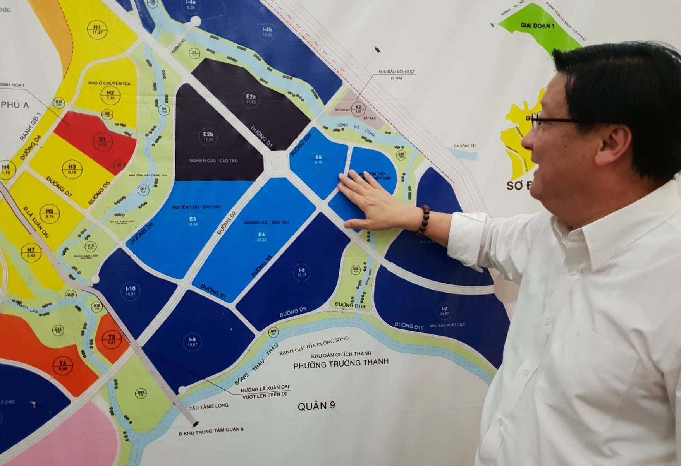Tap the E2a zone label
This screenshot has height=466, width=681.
coord(251,99)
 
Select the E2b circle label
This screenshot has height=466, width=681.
coord(208,137)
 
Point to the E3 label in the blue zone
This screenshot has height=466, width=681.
coord(193,221)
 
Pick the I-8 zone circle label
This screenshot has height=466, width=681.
coord(301,272)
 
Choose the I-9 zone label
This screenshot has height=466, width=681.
coord(192,342)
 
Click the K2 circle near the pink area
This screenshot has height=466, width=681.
coord(358,109)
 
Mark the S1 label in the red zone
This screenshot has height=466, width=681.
coord(102,141)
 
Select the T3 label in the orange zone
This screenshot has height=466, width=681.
coord(112,339)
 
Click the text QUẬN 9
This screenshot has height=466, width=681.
coord(316,406)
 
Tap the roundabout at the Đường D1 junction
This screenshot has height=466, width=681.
coord(277,163)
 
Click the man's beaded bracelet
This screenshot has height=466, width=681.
coord(423,220)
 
